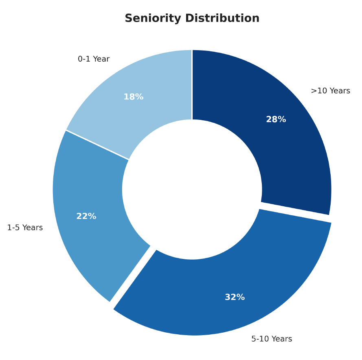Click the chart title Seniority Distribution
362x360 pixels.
coord(192,19)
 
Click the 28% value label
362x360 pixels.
coord(276,120)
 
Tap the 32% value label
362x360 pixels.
coord(235,298)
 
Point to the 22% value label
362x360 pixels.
coord(86,216)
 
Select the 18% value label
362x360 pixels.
coord(134,97)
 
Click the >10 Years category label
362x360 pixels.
coord(330,91)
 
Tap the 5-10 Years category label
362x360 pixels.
coord(272,339)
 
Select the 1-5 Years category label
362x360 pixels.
coord(25,228)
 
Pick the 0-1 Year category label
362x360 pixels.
coord(94,59)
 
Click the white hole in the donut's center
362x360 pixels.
coord(192,190)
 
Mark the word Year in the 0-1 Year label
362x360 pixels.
coord(101,59)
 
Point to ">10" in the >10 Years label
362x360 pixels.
coord(318,91)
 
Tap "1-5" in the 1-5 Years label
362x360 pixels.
coord(13,228)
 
